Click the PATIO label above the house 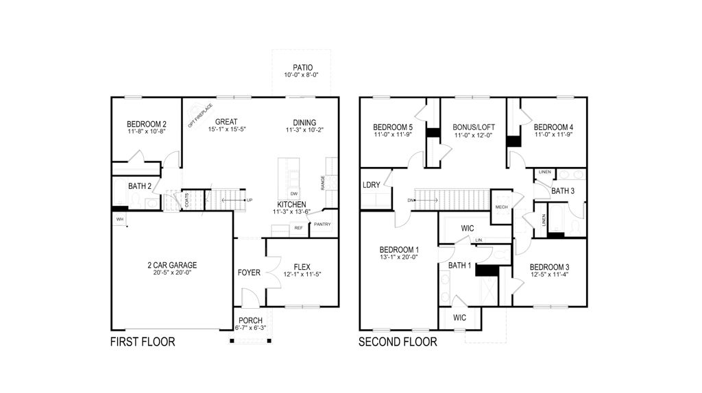pyautogui.click(x=302, y=67)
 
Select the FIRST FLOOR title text pyautogui.click(x=143, y=342)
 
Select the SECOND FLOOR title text pyautogui.click(x=398, y=342)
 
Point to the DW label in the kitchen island pyautogui.click(x=293, y=194)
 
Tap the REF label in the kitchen pyautogui.click(x=298, y=227)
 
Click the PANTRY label pyautogui.click(x=322, y=224)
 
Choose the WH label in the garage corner pyautogui.click(x=119, y=219)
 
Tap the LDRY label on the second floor pyautogui.click(x=371, y=186)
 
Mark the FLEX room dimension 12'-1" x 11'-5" pyautogui.click(x=302, y=274)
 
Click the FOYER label pyautogui.click(x=249, y=272)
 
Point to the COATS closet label pyautogui.click(x=186, y=200)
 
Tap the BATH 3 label pyautogui.click(x=563, y=191)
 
